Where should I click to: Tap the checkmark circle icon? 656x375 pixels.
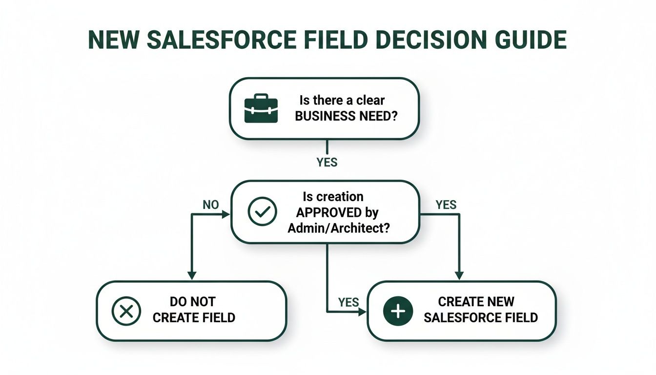point(263,211)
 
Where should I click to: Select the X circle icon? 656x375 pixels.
point(126,311)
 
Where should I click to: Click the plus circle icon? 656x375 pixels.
point(398,311)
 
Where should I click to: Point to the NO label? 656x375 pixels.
point(211,205)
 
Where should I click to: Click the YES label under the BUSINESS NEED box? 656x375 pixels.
point(327,162)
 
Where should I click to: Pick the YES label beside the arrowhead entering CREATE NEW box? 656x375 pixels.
point(348,303)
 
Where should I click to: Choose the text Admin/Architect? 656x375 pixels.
point(338,228)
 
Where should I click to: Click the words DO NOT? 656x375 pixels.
point(192,302)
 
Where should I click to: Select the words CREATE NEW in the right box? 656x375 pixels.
point(476,302)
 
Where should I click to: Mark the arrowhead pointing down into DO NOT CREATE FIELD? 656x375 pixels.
point(192,276)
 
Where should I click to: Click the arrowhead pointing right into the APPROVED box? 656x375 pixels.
point(226,214)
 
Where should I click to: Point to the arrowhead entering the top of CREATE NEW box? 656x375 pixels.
point(459,276)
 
